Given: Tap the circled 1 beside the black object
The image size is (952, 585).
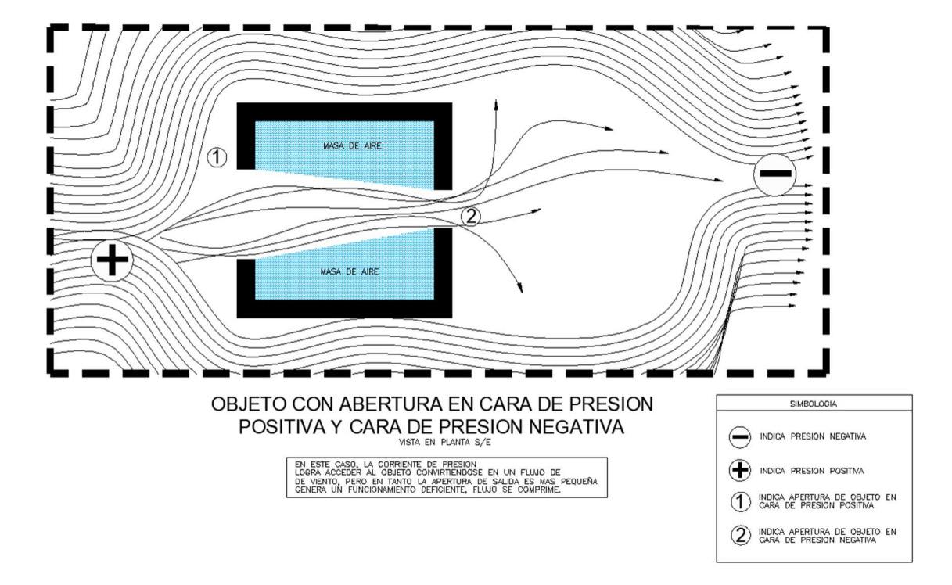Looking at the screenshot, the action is click(217, 158).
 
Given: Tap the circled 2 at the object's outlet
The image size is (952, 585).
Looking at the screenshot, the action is click(471, 217).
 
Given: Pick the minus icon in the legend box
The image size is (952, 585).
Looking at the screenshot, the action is click(741, 437).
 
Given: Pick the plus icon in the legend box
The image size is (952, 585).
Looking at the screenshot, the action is click(741, 470).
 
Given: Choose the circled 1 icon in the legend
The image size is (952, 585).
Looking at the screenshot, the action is click(741, 502).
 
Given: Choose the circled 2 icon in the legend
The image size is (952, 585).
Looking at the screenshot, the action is click(741, 535).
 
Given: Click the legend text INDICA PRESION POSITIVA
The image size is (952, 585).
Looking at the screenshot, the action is click(807, 470).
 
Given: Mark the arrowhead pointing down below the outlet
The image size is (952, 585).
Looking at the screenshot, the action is click(521, 291).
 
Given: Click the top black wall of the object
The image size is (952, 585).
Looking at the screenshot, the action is click(344, 111).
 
